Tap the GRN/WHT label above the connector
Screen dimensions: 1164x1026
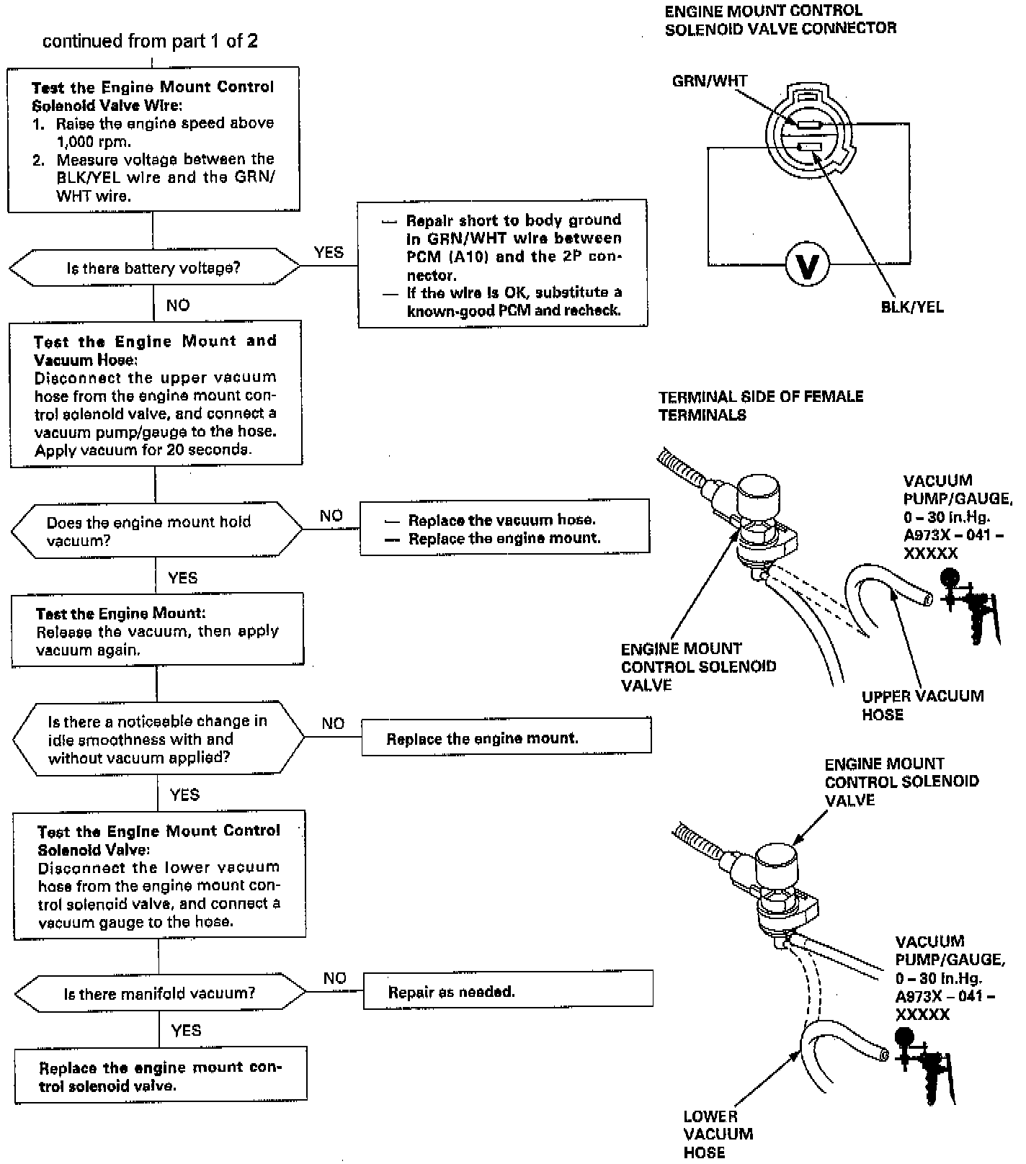point(709,81)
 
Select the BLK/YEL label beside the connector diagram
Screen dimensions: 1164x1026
point(911,307)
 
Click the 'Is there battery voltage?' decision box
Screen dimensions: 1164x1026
point(153,268)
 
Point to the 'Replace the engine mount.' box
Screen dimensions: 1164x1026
point(506,738)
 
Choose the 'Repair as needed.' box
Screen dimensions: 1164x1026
point(508,991)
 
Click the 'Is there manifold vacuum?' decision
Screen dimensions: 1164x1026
point(159,993)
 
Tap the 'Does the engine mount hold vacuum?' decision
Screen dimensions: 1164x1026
point(156,530)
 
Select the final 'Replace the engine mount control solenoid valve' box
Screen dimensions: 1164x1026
point(160,1076)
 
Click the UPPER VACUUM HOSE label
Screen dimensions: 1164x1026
point(922,705)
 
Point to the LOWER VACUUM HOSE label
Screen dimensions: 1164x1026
point(718,1134)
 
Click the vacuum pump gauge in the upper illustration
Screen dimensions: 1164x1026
point(968,604)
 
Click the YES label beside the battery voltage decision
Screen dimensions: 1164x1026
point(329,252)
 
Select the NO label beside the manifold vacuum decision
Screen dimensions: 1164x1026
point(334,977)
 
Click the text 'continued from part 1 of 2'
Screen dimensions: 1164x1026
point(150,41)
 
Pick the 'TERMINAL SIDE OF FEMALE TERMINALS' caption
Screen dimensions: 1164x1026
point(760,406)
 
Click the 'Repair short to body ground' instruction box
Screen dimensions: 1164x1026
point(502,264)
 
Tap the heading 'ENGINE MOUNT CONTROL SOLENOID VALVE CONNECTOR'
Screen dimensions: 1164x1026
point(780,19)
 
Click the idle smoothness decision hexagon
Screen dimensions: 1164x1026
point(158,739)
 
